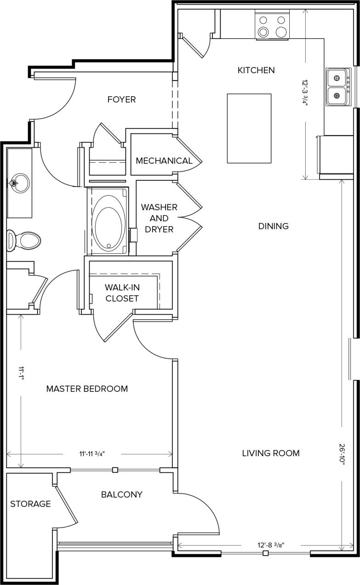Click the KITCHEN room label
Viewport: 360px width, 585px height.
256,70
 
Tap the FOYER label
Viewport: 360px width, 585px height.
121,99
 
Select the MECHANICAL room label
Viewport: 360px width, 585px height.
164,161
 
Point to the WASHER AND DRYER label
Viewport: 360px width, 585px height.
159,218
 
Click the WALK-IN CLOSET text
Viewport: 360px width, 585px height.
122,292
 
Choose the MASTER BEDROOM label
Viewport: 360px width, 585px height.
87,389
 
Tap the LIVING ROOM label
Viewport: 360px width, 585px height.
271,453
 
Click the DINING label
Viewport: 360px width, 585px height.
273,226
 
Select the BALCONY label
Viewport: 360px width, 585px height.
121,495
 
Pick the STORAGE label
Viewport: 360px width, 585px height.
30,504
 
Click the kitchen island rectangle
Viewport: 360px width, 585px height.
249,128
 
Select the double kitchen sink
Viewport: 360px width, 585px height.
338,87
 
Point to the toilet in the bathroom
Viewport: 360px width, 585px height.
25,240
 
